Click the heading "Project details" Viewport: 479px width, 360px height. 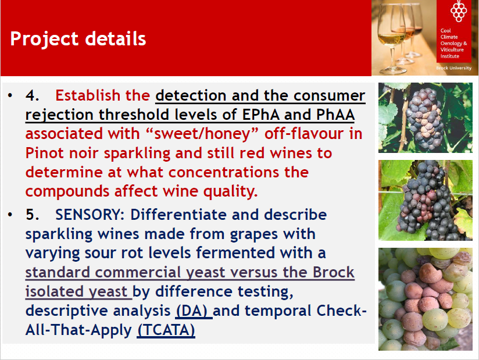click(x=78, y=39)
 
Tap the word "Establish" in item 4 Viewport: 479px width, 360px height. click(x=88, y=95)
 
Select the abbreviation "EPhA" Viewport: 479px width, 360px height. click(x=260, y=115)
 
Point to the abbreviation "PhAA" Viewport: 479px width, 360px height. click(x=335, y=115)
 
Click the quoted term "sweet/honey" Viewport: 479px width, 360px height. click(x=202, y=134)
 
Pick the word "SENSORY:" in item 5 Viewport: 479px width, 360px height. click(x=90, y=215)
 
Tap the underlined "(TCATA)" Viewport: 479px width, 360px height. click(x=166, y=330)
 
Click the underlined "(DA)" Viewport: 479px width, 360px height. click(x=193, y=311)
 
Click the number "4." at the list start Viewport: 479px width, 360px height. click(x=33, y=95)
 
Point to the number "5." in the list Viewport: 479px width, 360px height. click(x=33, y=215)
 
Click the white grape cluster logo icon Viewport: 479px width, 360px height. click(x=459, y=11)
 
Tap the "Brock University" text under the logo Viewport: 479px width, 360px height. click(x=453, y=68)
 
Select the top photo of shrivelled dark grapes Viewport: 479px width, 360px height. click(x=426, y=117)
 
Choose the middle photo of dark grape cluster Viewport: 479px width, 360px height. click(x=426, y=200)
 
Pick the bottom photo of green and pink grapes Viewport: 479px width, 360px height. click(x=426, y=299)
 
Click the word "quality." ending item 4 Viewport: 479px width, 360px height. click(x=230, y=192)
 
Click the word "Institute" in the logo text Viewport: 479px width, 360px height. click(x=450, y=56)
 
